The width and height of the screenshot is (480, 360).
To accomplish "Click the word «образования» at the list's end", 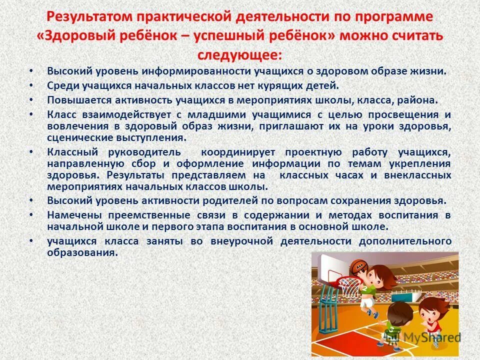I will point(82,252).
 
